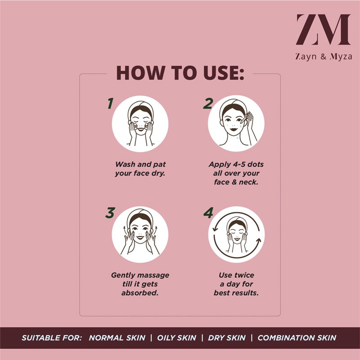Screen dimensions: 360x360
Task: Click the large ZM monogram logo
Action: (x=323, y=30)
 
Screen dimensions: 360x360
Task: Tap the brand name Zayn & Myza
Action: (x=324, y=57)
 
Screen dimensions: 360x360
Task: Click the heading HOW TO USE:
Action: (x=180, y=73)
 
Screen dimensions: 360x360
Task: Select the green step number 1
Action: (x=110, y=103)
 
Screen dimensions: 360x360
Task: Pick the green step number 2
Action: (x=208, y=103)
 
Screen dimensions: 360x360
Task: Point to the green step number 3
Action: (x=110, y=213)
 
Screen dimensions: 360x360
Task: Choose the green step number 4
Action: (x=208, y=213)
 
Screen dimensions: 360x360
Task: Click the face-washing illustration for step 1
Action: (x=140, y=124)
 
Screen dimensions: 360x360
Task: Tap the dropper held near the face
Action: (x=245, y=118)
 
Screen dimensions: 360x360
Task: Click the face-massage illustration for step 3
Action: (x=140, y=234)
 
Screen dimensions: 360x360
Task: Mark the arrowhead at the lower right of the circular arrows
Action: (x=259, y=241)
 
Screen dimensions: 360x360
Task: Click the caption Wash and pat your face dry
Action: (x=140, y=169)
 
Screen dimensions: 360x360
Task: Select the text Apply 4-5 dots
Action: (x=236, y=164)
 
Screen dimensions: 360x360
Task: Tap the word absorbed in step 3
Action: (x=140, y=293)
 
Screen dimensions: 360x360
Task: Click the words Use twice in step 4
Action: (x=237, y=275)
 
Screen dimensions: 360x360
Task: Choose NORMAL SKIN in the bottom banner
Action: (x=117, y=338)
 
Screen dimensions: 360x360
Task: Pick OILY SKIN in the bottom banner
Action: (x=176, y=338)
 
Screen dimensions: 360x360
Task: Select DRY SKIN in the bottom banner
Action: (x=227, y=338)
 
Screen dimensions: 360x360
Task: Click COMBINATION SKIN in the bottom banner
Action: (x=297, y=338)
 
